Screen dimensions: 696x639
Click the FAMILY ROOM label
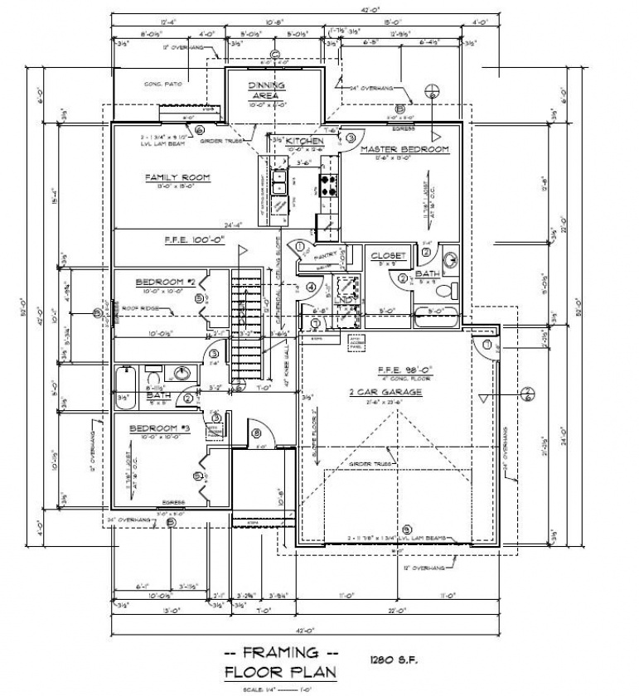click(x=177, y=177)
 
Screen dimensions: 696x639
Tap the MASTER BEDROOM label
click(x=404, y=149)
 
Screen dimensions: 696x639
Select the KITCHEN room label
click(x=304, y=142)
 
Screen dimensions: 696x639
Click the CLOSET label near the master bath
click(x=388, y=256)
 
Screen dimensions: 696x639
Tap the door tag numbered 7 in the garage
click(x=487, y=343)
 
